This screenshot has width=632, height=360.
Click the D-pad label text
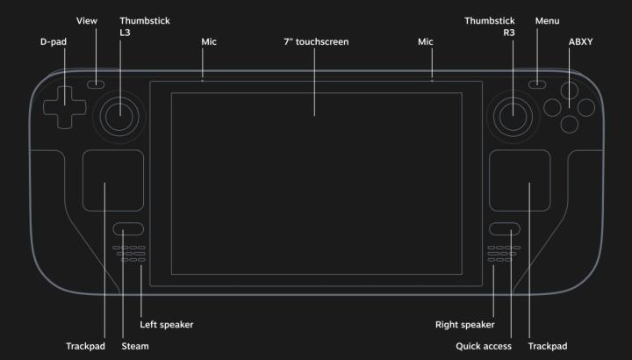(54, 42)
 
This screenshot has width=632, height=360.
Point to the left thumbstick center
(119, 117)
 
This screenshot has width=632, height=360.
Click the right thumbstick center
(513, 117)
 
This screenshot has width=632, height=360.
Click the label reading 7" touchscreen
(316, 42)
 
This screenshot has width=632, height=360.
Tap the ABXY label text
(580, 42)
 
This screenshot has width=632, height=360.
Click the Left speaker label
(167, 325)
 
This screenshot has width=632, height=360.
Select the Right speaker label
(464, 325)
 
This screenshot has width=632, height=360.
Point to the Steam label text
(135, 346)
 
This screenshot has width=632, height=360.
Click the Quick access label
(484, 346)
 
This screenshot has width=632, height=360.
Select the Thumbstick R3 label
(490, 26)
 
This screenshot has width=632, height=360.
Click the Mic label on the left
(209, 42)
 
